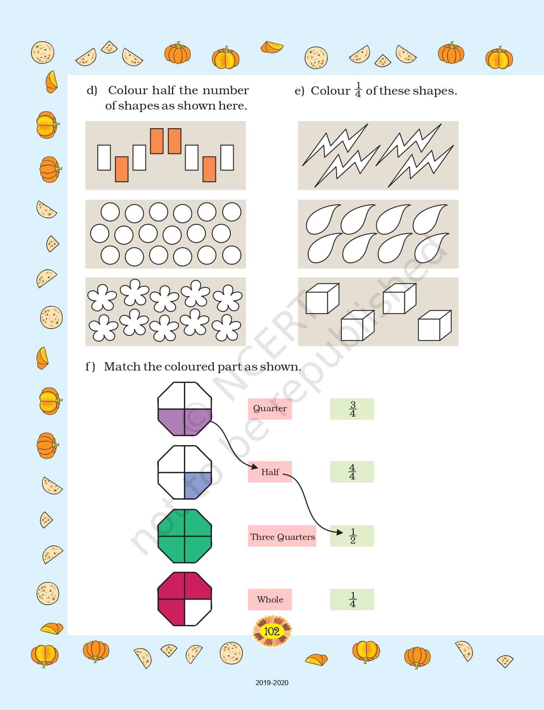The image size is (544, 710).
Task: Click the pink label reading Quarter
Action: (270, 409)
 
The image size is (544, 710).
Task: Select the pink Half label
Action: (270, 472)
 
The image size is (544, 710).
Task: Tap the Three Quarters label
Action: (282, 536)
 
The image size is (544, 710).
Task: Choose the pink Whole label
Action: (270, 599)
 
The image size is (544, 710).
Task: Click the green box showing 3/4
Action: (352, 409)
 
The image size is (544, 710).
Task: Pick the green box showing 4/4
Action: (352, 472)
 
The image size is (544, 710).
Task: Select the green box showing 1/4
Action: (352, 599)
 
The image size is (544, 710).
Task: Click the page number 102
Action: (272, 631)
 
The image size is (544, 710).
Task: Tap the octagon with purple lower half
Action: (185, 409)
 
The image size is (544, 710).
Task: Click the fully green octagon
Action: (185, 536)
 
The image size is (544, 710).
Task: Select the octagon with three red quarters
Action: (185, 599)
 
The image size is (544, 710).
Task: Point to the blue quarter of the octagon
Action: (197, 485)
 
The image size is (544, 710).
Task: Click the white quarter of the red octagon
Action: (197, 611)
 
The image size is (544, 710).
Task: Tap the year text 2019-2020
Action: (272, 683)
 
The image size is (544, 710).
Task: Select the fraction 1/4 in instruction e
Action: (358, 90)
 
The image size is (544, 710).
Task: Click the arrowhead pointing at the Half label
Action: (254, 467)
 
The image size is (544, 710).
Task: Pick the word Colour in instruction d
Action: (128, 90)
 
